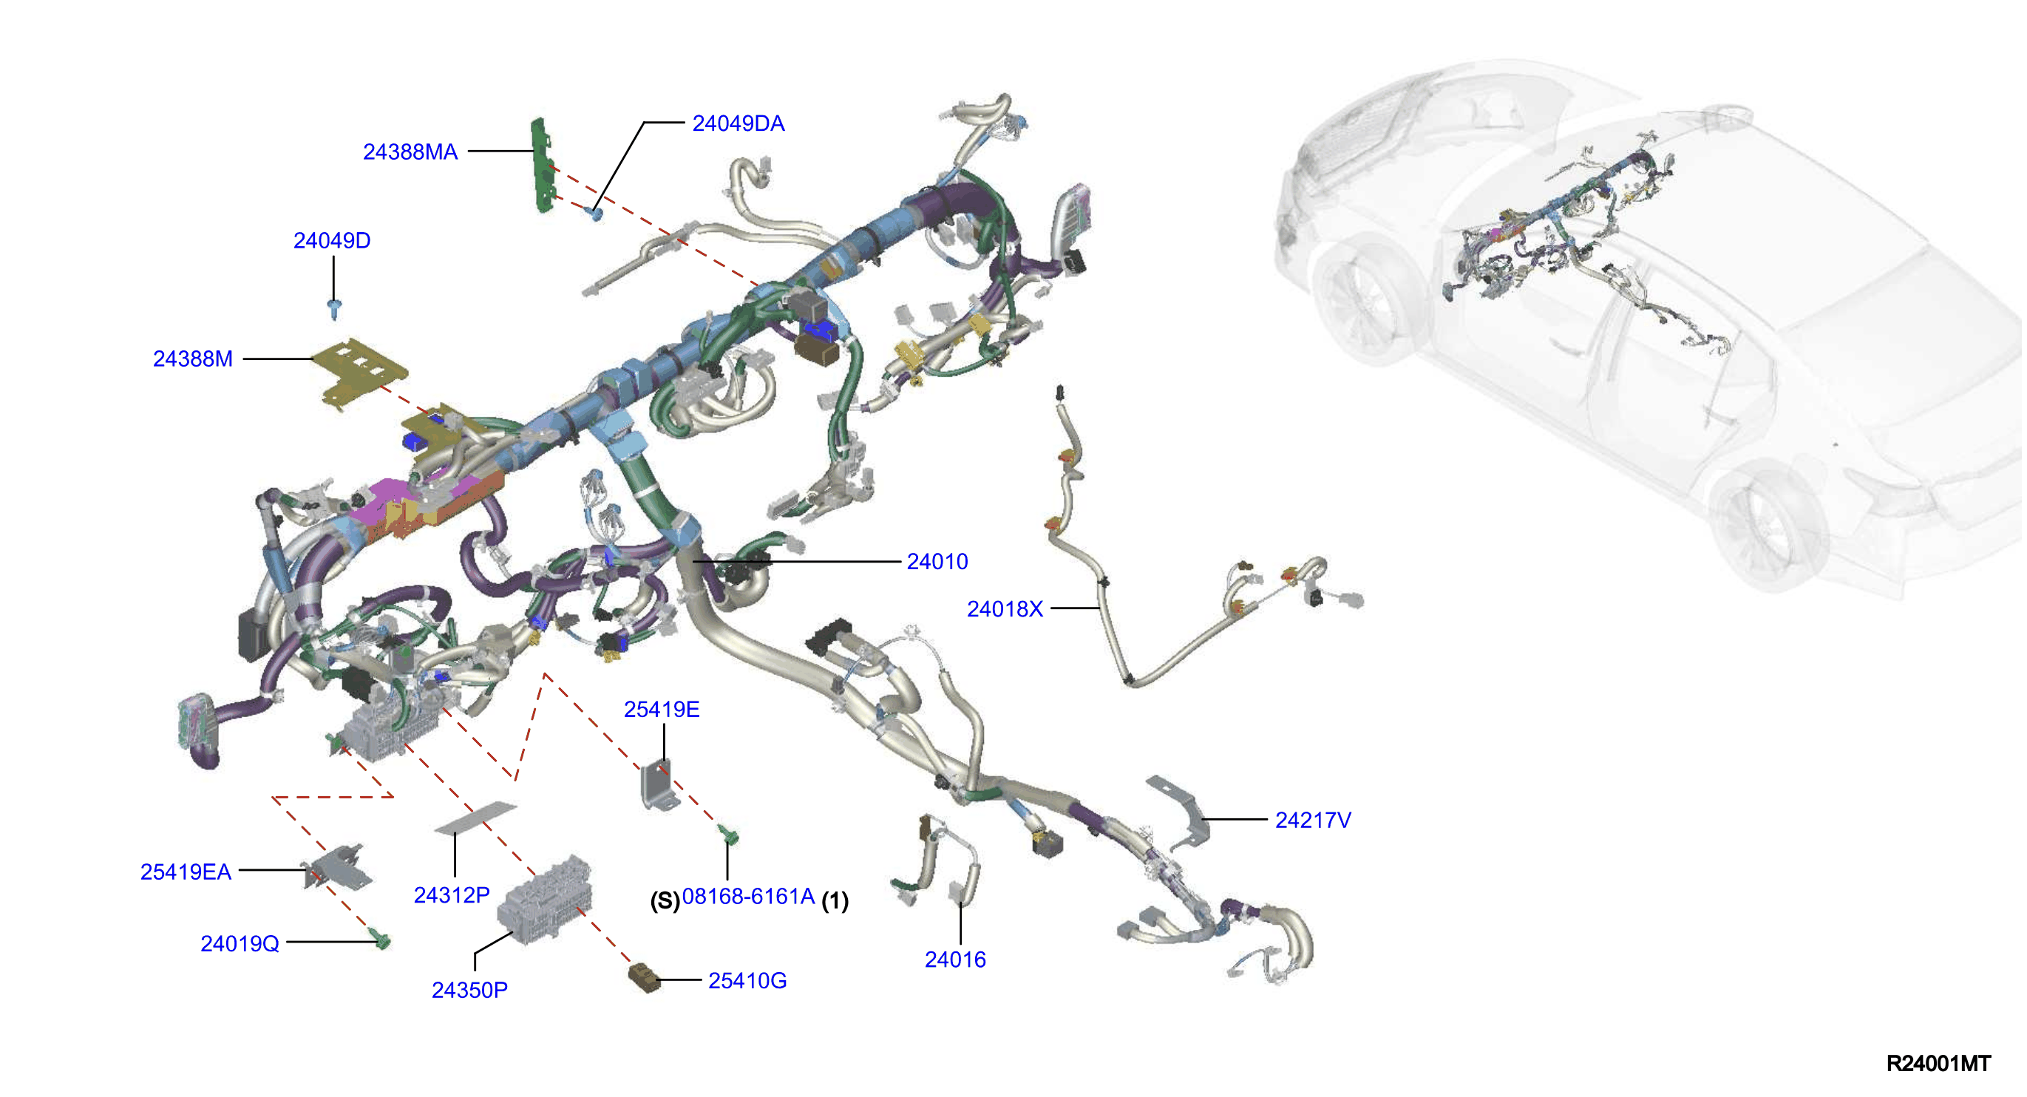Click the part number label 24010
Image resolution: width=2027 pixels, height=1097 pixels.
point(937,562)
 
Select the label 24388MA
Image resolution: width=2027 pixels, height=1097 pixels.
point(410,152)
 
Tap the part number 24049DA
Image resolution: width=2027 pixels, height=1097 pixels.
point(738,123)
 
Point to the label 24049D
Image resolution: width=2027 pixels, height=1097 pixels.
point(332,241)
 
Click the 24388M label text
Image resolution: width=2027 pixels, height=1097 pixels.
point(193,359)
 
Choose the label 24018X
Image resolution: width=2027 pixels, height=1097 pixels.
point(1005,609)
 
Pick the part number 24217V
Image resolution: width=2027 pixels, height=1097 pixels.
point(1312,820)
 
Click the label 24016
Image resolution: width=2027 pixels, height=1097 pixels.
point(955,960)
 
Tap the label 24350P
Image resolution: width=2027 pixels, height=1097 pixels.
point(469,990)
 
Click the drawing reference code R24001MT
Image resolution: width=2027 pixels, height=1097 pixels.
point(1939,1063)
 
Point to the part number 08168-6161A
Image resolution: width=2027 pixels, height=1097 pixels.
point(748,897)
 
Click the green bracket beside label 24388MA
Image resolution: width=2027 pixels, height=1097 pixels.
point(542,166)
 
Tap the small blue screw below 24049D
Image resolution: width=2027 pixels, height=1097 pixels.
point(334,309)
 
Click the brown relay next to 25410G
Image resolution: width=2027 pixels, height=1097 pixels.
point(645,977)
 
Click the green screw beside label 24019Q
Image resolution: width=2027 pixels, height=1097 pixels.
point(381,940)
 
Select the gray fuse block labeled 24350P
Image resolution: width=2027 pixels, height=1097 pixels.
point(545,900)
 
